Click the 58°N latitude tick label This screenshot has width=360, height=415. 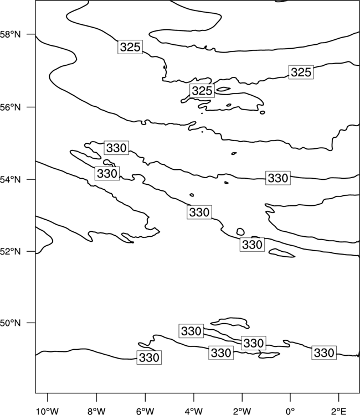coord(10,34)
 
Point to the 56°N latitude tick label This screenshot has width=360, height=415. coord(10,107)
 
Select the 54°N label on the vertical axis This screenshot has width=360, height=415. coord(10,180)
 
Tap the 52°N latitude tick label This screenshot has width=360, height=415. coord(10,251)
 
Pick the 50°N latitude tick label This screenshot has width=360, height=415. coord(10,323)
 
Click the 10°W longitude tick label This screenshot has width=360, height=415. coord(48,411)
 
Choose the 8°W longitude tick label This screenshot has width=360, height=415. coord(96,411)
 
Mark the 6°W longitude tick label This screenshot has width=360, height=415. coord(145,411)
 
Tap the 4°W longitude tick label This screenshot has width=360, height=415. coord(194,411)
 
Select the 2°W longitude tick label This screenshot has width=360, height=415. coord(242,411)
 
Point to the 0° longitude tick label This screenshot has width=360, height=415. coord(290,411)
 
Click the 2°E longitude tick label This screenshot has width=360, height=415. coord(339,411)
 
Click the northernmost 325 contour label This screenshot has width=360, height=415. coord(130,47)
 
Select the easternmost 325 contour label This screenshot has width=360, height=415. coord(301,72)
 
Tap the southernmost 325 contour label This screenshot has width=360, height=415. coord(202,91)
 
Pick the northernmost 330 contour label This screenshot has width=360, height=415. coord(116,148)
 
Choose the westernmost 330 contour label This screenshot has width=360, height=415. coord(107,173)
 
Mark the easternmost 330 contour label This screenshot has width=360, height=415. coord(324,352)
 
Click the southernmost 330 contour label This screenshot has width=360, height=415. coord(149,357)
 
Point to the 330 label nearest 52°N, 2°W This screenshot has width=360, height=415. coord(252,244)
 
